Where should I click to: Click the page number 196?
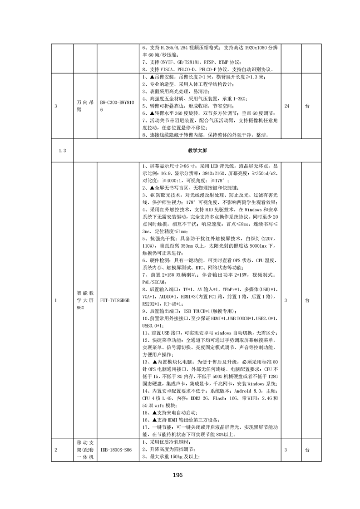pyautogui.click(x=177, y=475)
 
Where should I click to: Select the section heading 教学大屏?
pyautogui.click(x=196, y=150)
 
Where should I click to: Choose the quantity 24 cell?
pyautogui.click(x=286, y=106)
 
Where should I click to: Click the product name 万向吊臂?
pyautogui.click(x=85, y=106)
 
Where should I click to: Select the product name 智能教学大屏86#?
pyautogui.click(x=85, y=300)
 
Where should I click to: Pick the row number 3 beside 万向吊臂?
pyautogui.click(x=55, y=106)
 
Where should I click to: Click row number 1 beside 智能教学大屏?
pyautogui.click(x=55, y=300)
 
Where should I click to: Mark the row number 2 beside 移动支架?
pyautogui.click(x=55, y=450)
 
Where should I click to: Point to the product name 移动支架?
pyautogui.click(x=85, y=450)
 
